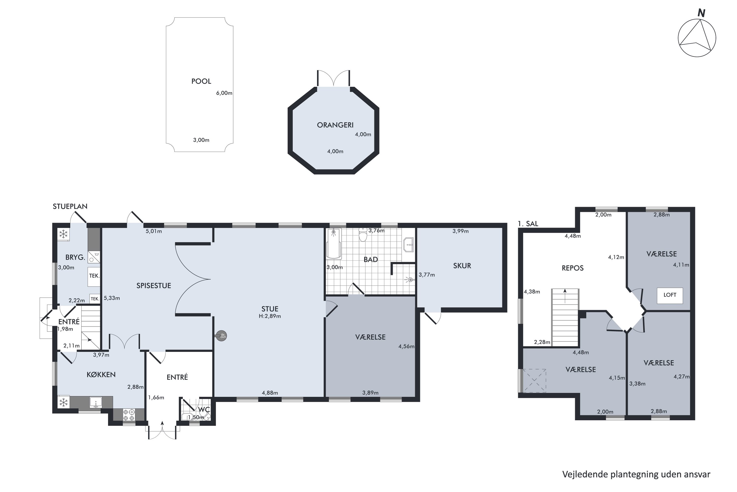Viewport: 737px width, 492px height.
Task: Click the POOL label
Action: pos(201,81)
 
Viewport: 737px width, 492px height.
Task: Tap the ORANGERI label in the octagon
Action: pos(335,125)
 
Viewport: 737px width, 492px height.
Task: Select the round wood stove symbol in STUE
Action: pos(221,336)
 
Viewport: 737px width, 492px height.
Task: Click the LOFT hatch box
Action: pos(670,295)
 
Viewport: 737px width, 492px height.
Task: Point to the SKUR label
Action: pos(462,266)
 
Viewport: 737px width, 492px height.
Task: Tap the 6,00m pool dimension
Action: pos(224,93)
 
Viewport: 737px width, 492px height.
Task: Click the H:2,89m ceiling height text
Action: pos(270,316)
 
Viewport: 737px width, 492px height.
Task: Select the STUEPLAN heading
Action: pos(70,206)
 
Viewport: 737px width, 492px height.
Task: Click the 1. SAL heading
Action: pos(528,224)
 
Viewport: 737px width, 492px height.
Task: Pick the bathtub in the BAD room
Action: pos(333,244)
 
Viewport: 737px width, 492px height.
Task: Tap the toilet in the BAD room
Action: pos(363,234)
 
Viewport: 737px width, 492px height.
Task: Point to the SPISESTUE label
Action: pos(154,286)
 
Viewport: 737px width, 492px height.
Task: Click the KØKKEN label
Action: pos(101,375)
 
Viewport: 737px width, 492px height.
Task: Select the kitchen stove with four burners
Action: pos(129,415)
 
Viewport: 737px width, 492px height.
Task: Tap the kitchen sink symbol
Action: pos(96,402)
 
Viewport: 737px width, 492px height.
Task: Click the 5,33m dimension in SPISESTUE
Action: pos(112,298)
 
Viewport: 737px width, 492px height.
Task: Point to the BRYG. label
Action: pos(75,258)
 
